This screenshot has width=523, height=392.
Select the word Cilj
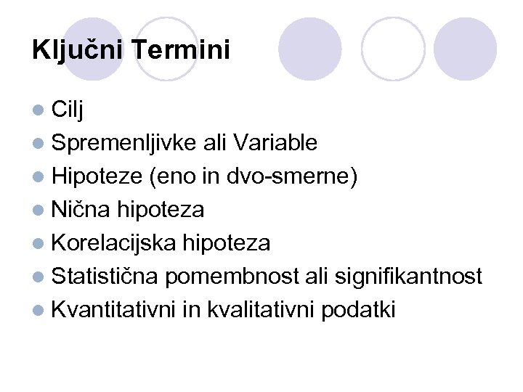click(x=68, y=110)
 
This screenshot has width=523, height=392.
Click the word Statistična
click(x=106, y=277)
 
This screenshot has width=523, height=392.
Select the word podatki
click(x=359, y=310)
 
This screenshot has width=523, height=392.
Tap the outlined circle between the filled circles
click(x=393, y=49)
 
